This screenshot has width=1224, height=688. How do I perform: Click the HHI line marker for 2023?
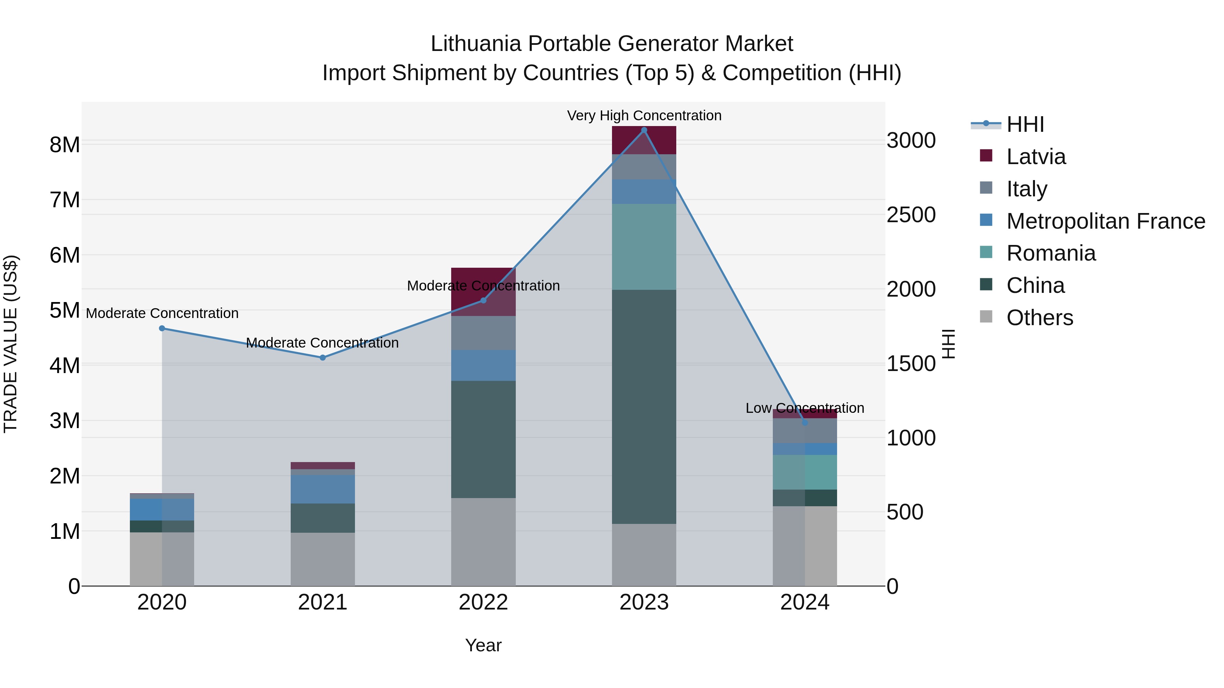pyautogui.click(x=644, y=130)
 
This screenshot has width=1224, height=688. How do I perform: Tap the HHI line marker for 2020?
pyautogui.click(x=162, y=328)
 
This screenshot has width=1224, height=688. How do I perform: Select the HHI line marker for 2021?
pyautogui.click(x=323, y=357)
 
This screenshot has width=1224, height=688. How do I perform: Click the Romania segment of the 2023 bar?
pyautogui.click(x=644, y=247)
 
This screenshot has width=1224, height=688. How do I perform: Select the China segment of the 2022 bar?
pyautogui.click(x=483, y=439)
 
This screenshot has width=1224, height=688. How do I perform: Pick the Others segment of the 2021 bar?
pyautogui.click(x=323, y=559)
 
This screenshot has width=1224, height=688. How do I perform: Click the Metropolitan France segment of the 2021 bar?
pyautogui.click(x=323, y=489)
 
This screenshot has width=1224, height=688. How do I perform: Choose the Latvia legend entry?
pyautogui.click(x=1036, y=157)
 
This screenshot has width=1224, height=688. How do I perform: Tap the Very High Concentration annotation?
pyautogui.click(x=644, y=116)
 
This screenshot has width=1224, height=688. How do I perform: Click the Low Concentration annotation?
pyautogui.click(x=804, y=408)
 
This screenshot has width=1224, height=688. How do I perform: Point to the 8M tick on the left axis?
pyautogui.click(x=65, y=145)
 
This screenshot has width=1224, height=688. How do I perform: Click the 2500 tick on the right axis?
pyautogui.click(x=911, y=215)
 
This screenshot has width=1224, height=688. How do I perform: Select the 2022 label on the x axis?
pyautogui.click(x=483, y=602)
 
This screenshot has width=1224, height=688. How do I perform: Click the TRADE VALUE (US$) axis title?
pyautogui.click(x=11, y=344)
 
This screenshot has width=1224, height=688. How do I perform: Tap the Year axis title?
pyautogui.click(x=483, y=645)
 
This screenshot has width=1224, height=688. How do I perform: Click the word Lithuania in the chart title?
pyautogui.click(x=476, y=44)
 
